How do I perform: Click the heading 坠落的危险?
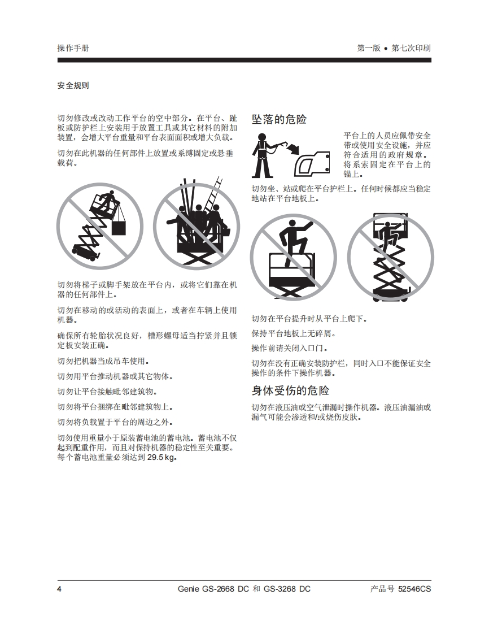click(279, 119)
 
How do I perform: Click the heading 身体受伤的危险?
click(290, 390)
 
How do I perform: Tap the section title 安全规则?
click(73, 85)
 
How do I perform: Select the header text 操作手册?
click(73, 48)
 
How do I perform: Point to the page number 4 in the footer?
click(59, 589)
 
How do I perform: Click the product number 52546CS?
click(414, 589)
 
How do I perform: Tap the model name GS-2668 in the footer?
click(220, 589)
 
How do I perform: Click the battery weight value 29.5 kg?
click(161, 458)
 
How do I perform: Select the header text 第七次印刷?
click(411, 48)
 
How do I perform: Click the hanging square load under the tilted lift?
click(119, 227)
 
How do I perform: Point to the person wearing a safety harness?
click(262, 155)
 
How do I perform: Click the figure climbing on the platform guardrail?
click(294, 242)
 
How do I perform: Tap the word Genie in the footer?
click(188, 589)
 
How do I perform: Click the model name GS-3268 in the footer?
click(281, 589)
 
